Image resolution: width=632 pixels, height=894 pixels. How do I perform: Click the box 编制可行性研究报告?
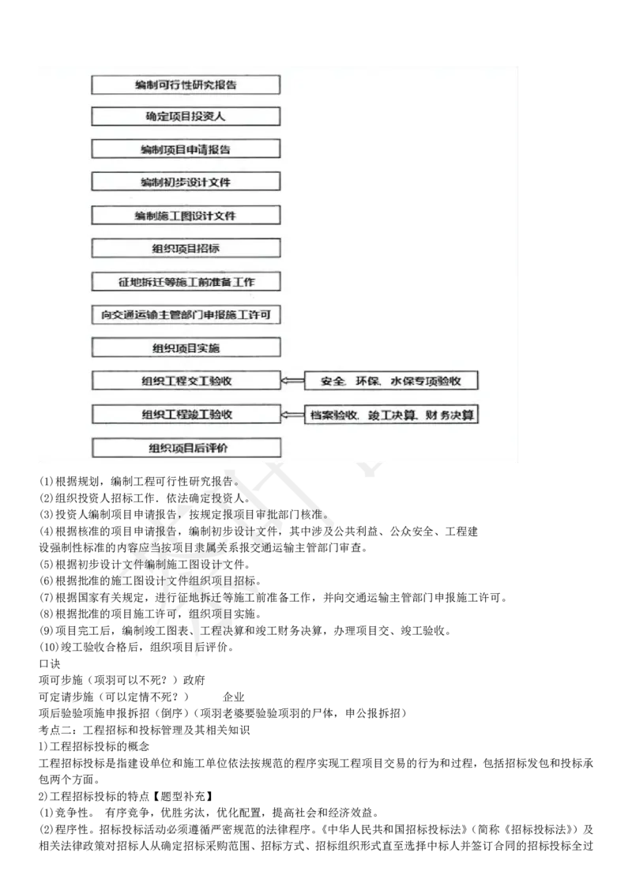(x=186, y=85)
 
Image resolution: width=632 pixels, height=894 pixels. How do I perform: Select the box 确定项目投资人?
(x=186, y=116)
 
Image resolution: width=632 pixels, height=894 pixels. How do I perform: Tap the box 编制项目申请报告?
(x=186, y=149)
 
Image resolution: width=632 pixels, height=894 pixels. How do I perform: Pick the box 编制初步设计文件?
(x=186, y=182)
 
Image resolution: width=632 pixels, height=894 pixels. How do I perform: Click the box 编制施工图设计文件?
(x=186, y=215)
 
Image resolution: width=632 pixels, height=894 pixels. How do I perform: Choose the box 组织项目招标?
(x=186, y=248)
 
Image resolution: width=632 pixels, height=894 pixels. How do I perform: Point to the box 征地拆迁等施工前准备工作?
(x=186, y=281)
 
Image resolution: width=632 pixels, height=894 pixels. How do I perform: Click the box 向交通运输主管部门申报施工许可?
(x=186, y=314)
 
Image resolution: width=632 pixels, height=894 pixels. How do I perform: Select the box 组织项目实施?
(x=186, y=347)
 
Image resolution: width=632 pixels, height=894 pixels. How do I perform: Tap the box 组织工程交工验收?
(x=186, y=381)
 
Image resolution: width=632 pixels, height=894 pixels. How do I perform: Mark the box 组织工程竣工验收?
(x=186, y=414)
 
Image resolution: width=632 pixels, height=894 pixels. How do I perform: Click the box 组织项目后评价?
(x=186, y=448)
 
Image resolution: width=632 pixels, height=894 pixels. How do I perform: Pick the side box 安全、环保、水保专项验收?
(x=391, y=381)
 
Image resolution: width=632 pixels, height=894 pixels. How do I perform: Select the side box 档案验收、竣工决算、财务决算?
(x=391, y=414)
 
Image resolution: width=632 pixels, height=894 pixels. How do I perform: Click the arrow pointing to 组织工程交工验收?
(x=292, y=381)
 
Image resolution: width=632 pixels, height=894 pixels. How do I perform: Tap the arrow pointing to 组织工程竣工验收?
(x=292, y=414)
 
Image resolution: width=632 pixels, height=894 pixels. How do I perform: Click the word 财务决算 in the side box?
(x=450, y=414)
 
